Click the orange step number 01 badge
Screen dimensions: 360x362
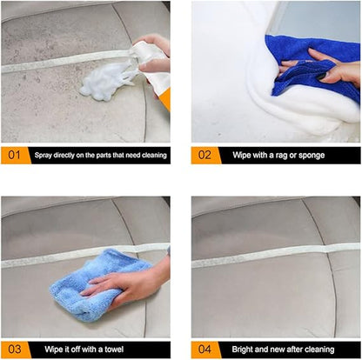[x=13, y=156]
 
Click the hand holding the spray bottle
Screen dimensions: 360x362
[x=154, y=52]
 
